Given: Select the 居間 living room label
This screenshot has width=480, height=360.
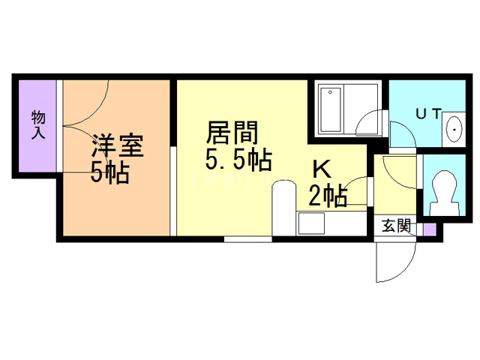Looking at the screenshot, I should point(232,133).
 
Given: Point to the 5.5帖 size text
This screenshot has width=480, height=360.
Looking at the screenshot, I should point(238,160).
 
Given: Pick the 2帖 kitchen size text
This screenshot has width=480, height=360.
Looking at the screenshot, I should point(328,197).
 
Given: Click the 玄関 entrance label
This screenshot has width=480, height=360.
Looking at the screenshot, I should point(396,225).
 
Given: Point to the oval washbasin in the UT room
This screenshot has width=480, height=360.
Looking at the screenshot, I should point(454,130).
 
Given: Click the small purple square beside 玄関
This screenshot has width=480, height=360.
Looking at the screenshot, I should point(428,229).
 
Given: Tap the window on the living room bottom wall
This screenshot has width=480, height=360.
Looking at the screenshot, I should point(247,239).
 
